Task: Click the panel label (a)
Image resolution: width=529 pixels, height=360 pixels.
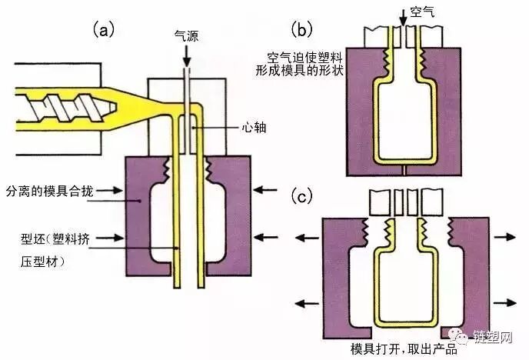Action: click(104, 30)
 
